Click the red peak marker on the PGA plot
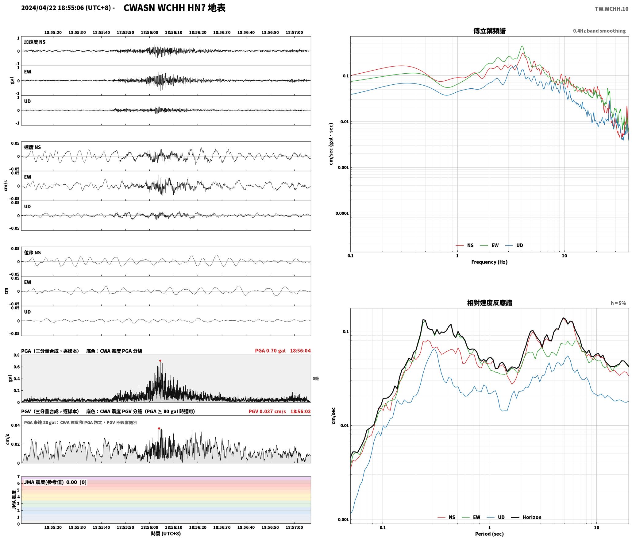[160, 361]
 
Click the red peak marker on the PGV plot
[159, 428]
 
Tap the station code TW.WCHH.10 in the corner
[611, 9]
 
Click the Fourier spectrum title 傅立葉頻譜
[489, 31]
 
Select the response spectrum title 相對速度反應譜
[489, 303]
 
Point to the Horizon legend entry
[526, 517]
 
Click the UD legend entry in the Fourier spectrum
[514, 245]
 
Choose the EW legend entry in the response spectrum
[471, 517]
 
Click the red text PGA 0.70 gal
[270, 351]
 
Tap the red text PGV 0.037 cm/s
[267, 411]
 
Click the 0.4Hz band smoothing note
[599, 31]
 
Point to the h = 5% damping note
[618, 303]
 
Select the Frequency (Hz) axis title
[489, 262]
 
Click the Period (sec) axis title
[489, 534]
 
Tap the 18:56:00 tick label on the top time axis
[149, 33]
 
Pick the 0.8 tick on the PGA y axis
[17, 355]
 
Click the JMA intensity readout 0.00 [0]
[76, 482]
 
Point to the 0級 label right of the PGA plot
[316, 379]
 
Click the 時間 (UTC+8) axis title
[166, 534]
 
